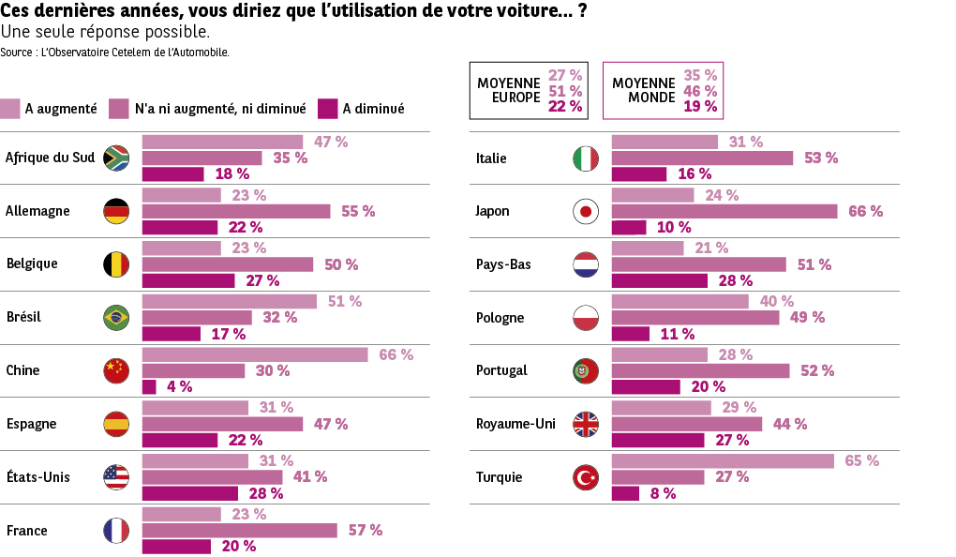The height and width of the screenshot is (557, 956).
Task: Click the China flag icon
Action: click(116, 370)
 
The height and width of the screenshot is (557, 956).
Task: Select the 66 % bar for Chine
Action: click(255, 354)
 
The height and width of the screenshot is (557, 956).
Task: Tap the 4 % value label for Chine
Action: click(179, 386)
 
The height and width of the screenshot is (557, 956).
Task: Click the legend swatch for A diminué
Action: click(327, 109)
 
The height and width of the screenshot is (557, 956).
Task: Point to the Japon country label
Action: click(493, 211)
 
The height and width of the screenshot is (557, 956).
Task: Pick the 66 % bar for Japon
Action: click(724, 211)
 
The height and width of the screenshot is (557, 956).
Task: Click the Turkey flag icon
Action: click(586, 477)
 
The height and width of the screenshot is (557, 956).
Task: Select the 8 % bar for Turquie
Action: click(625, 493)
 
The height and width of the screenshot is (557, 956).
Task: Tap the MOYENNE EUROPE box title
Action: click(509, 90)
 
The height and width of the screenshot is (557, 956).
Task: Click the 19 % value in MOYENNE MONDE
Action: click(701, 107)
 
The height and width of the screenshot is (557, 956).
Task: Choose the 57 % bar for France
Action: click(239, 531)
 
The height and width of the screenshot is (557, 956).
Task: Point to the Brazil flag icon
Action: click(116, 317)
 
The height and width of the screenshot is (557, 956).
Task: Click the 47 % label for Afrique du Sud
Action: click(331, 142)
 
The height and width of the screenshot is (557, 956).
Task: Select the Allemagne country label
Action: click(38, 211)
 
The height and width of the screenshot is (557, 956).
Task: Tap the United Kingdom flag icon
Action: click(586, 424)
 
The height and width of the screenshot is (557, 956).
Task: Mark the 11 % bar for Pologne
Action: click(631, 334)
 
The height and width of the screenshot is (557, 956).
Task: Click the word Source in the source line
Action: click(18, 53)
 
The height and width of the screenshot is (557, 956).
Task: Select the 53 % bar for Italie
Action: click(702, 158)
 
